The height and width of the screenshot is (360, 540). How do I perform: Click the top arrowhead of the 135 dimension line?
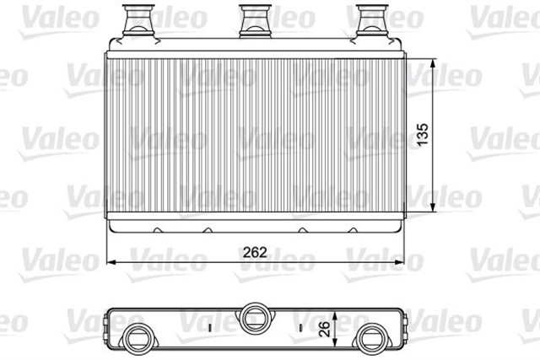(433, 62)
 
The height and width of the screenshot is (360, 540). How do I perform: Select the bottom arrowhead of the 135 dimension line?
(433, 212)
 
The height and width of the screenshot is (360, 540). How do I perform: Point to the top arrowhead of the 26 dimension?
(337, 309)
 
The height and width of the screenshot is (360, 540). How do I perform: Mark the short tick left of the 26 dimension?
(300, 325)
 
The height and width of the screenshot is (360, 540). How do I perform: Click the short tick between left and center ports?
(208, 325)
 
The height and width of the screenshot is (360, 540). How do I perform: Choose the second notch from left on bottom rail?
(208, 230)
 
